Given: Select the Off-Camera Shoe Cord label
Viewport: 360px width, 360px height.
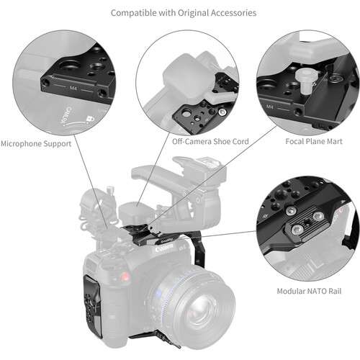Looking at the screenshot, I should point(211,142).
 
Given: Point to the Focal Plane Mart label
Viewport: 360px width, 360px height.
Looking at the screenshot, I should point(315,142).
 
